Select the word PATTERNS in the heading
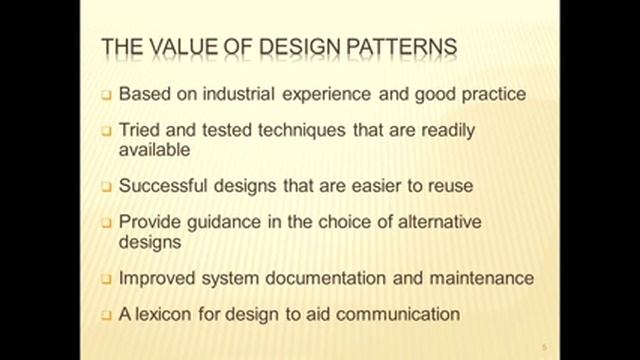397,47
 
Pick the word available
155,150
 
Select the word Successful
161,186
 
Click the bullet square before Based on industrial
106,97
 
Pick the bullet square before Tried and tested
106,132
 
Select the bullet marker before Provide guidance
106,222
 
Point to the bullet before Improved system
106,278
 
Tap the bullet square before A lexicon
106,314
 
